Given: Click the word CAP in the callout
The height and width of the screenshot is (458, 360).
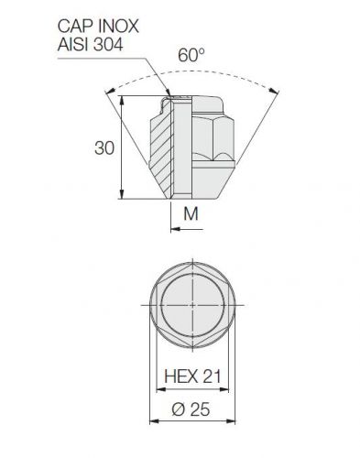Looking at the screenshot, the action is tap(76, 27).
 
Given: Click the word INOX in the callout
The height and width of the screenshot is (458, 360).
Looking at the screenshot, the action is tap(119, 27).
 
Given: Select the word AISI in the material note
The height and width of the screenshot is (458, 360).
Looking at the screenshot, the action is tap(73, 44).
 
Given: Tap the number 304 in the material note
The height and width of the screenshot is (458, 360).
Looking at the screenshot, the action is tap(107, 44).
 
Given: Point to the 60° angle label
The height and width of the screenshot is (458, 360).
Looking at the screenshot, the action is tap(191, 55).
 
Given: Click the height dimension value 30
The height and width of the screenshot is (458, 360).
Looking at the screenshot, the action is tap(104, 148).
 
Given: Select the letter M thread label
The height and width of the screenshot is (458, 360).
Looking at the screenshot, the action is tap(191, 213).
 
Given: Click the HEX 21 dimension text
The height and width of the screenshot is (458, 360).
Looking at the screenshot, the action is tap(192, 376).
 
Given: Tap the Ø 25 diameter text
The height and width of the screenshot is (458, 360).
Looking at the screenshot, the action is tap(191, 409).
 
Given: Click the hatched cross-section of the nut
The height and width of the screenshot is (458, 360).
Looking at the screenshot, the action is tap(162, 147).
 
